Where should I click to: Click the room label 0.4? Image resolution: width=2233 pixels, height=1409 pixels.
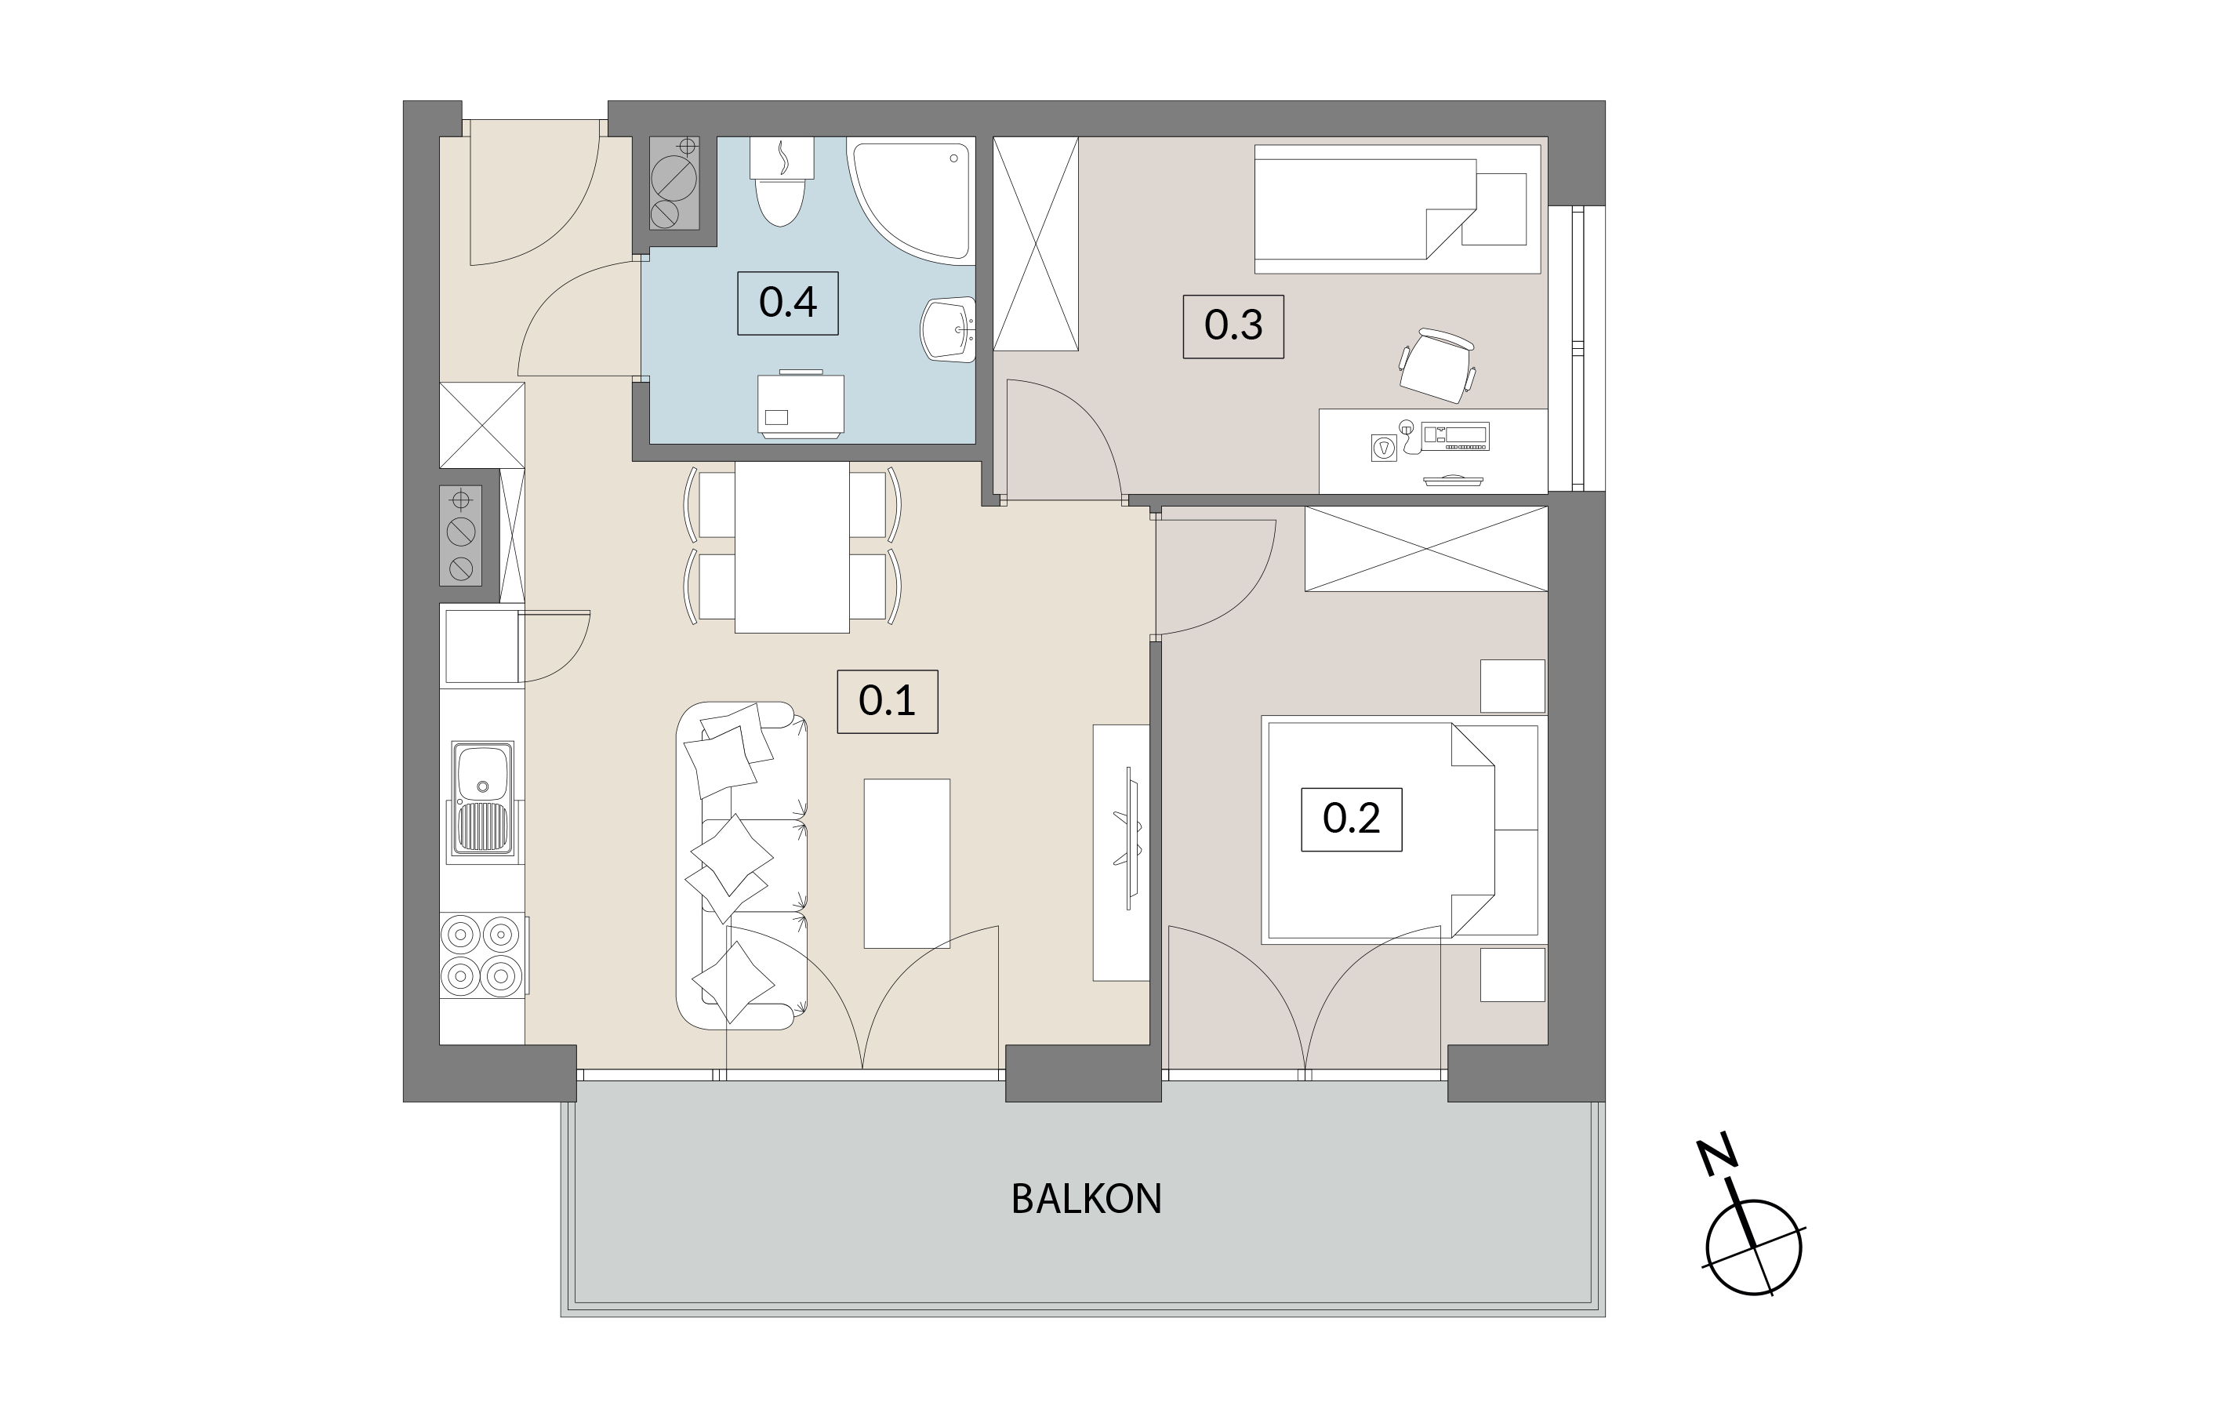pyautogui.click(x=787, y=303)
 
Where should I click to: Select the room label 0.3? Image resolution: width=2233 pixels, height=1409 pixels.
pyautogui.click(x=1233, y=325)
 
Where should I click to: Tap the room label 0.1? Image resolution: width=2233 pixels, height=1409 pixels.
pyautogui.click(x=888, y=701)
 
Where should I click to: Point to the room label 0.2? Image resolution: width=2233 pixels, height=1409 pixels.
pyautogui.click(x=1351, y=819)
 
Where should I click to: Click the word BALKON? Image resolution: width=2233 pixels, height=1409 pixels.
pyautogui.click(x=1086, y=1200)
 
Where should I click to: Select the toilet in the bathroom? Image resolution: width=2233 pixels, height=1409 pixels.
pyautogui.click(x=781, y=182)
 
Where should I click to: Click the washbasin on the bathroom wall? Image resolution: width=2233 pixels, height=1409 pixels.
pyautogui.click(x=949, y=330)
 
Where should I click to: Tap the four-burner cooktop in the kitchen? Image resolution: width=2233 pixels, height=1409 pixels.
pyautogui.click(x=482, y=957)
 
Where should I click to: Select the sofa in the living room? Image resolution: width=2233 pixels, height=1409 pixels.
pyautogui.click(x=742, y=866)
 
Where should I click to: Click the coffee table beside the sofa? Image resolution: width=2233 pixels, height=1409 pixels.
pyautogui.click(x=907, y=863)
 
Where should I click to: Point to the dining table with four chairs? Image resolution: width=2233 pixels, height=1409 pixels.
pyautogui.click(x=792, y=547)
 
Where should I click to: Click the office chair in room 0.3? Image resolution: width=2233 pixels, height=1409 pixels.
pyautogui.click(x=1437, y=365)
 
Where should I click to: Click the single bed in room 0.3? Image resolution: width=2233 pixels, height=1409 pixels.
pyautogui.click(x=1397, y=209)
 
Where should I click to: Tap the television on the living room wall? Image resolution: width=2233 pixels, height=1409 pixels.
pyautogui.click(x=1131, y=837)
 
